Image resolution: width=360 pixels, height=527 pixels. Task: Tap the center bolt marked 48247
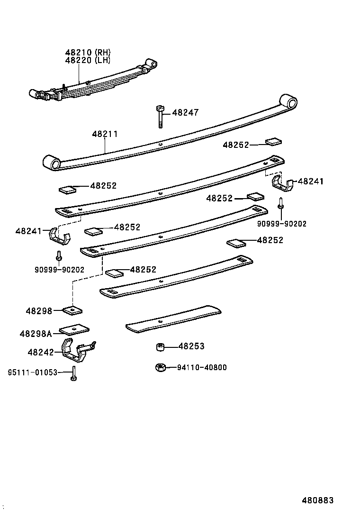coord(159,116)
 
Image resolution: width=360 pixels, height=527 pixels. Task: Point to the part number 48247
coord(185,113)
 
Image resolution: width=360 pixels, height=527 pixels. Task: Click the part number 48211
coord(105,135)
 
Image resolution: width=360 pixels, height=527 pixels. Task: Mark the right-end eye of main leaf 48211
coord(289,101)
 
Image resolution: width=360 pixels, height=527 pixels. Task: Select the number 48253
coord(191,346)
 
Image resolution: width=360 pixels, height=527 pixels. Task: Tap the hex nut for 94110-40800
coord(160,367)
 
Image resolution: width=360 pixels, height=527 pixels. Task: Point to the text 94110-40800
coord(202,367)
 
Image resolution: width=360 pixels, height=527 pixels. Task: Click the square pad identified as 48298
coord(72,311)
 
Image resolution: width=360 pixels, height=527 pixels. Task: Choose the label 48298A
coord(36,334)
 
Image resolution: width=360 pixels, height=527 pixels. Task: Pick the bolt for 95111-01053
coord(74,374)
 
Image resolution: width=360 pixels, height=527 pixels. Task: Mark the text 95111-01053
coord(32,373)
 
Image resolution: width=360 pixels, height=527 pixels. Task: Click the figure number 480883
coord(318,500)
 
